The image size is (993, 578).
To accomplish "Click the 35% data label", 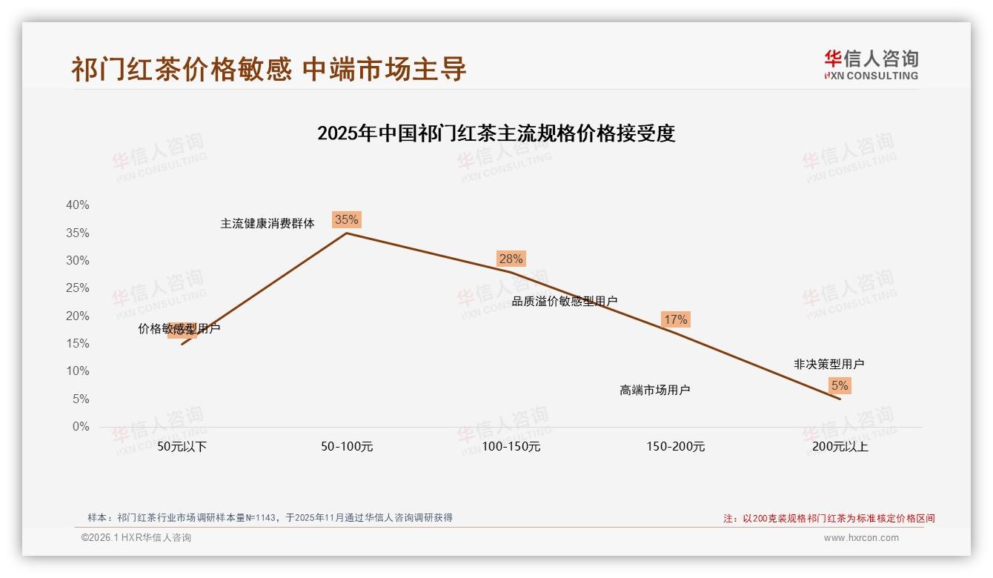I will point(346,219).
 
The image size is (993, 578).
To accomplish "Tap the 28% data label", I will point(511,259).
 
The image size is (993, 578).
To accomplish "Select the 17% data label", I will point(675,319).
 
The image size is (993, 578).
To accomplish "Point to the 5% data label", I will point(840,385).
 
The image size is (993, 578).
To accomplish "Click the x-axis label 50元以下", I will point(182,447).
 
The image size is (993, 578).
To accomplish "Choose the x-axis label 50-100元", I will point(347,447).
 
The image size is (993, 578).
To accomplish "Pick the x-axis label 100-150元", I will point(511,447).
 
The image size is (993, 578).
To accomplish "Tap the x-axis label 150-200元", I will point(676,447).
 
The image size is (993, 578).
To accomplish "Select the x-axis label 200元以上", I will point(840,447).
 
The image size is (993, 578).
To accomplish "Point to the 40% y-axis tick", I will point(78,205).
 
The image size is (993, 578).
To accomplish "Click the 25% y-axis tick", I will point(78,288).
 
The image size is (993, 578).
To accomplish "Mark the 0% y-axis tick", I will point(81,427).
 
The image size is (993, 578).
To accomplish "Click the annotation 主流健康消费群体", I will point(268,223).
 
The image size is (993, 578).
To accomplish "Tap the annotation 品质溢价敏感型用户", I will point(565,301).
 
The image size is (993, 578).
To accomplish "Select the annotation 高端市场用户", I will point(655,390).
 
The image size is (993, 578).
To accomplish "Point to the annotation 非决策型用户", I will point(828,364).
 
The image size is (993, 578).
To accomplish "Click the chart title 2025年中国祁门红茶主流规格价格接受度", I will point(496,133).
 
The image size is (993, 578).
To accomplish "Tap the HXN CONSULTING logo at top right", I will point(871,65).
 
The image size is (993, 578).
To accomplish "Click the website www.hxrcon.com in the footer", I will point(861,538).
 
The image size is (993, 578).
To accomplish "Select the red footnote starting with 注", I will point(829,519).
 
